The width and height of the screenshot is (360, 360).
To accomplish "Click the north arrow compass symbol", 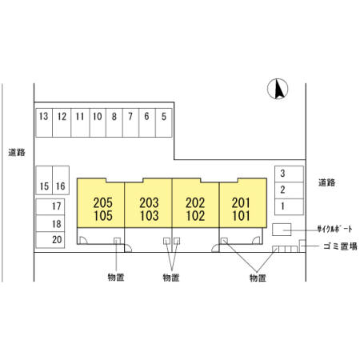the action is [x=278, y=89].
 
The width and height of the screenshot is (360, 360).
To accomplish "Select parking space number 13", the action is [x=44, y=122].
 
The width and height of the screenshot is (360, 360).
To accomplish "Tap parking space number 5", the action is [x=164, y=122].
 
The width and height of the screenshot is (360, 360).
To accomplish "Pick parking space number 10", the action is [x=98, y=122].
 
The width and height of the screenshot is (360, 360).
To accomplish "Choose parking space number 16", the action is [x=61, y=180].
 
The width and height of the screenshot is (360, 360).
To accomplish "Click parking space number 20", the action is [x=50, y=240].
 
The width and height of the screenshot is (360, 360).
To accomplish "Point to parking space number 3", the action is [x=289, y=174].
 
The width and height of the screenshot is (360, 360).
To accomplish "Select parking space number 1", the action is [x=289, y=206].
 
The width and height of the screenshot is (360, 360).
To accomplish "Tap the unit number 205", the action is [x=102, y=203].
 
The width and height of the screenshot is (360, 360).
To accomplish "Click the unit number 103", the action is [x=149, y=216].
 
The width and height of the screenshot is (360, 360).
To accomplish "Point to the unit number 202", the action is [x=195, y=203].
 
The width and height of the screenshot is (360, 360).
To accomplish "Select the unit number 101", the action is [x=241, y=216].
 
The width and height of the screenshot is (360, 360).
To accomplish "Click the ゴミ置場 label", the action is [x=340, y=246].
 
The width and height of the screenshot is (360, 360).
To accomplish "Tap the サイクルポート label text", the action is [x=334, y=229].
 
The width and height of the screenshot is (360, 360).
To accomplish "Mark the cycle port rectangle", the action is [x=282, y=230].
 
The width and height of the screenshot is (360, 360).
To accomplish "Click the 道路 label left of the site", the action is [x=17, y=152].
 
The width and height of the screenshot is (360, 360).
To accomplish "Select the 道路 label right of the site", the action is [x=327, y=182].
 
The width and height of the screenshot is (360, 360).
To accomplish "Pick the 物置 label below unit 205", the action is [x=116, y=278].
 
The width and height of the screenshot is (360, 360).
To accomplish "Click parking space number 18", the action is [x=50, y=223].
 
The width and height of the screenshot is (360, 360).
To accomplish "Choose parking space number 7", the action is [x=130, y=122].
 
